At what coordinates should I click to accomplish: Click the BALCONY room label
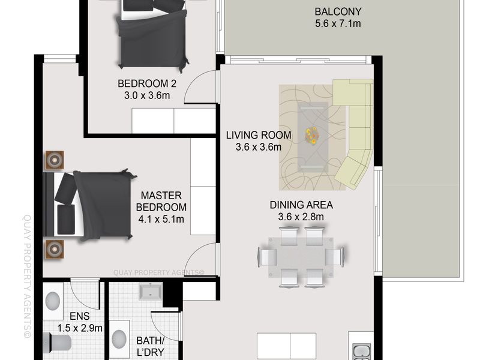338,11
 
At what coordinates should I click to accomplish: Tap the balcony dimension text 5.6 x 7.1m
338,23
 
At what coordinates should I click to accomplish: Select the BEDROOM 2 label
147,83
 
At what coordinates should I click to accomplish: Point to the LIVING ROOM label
259,135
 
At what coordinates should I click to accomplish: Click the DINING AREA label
301,205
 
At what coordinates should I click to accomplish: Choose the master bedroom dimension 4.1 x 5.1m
161,219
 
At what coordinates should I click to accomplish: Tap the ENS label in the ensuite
80,316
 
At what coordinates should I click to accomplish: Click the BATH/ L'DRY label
151,346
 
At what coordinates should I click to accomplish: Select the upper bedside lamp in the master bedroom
55,160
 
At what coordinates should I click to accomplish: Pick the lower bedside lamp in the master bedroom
55,249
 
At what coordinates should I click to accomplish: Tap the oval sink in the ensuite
53,301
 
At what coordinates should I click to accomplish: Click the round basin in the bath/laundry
119,338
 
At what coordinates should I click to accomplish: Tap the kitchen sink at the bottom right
362,352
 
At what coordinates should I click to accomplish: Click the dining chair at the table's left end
267,257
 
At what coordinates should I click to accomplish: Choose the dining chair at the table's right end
334,257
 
